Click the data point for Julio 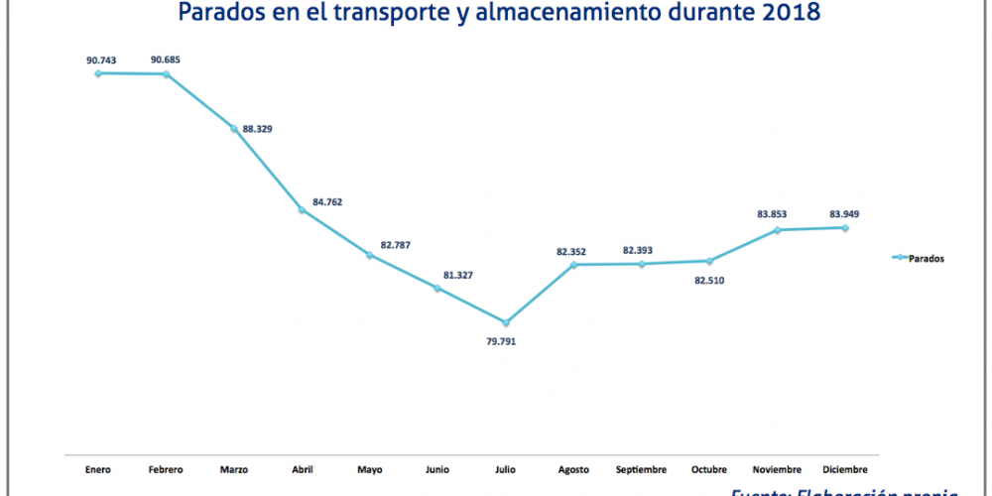506,322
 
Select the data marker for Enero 97,72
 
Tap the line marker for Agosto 574,265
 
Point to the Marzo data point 234,128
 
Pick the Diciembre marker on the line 845,227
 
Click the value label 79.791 500,341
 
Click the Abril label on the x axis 302,468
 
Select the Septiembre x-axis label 642,468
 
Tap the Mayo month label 370,468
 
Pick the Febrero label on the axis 166,468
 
